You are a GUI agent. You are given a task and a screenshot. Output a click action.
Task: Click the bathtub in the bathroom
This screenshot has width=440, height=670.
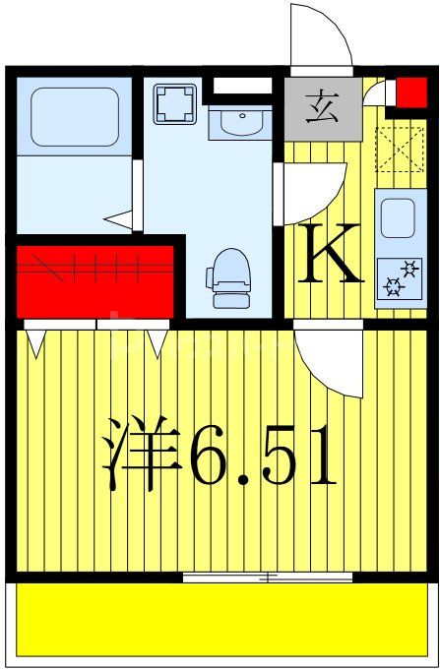75,117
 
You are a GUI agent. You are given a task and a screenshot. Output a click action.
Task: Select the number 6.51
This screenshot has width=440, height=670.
264,455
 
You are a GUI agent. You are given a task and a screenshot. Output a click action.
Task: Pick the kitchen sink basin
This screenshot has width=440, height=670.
398,217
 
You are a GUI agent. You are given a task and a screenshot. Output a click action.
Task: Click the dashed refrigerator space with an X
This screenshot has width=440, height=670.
399,150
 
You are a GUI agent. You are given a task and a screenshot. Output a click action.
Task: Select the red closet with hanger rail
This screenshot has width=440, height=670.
95,279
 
